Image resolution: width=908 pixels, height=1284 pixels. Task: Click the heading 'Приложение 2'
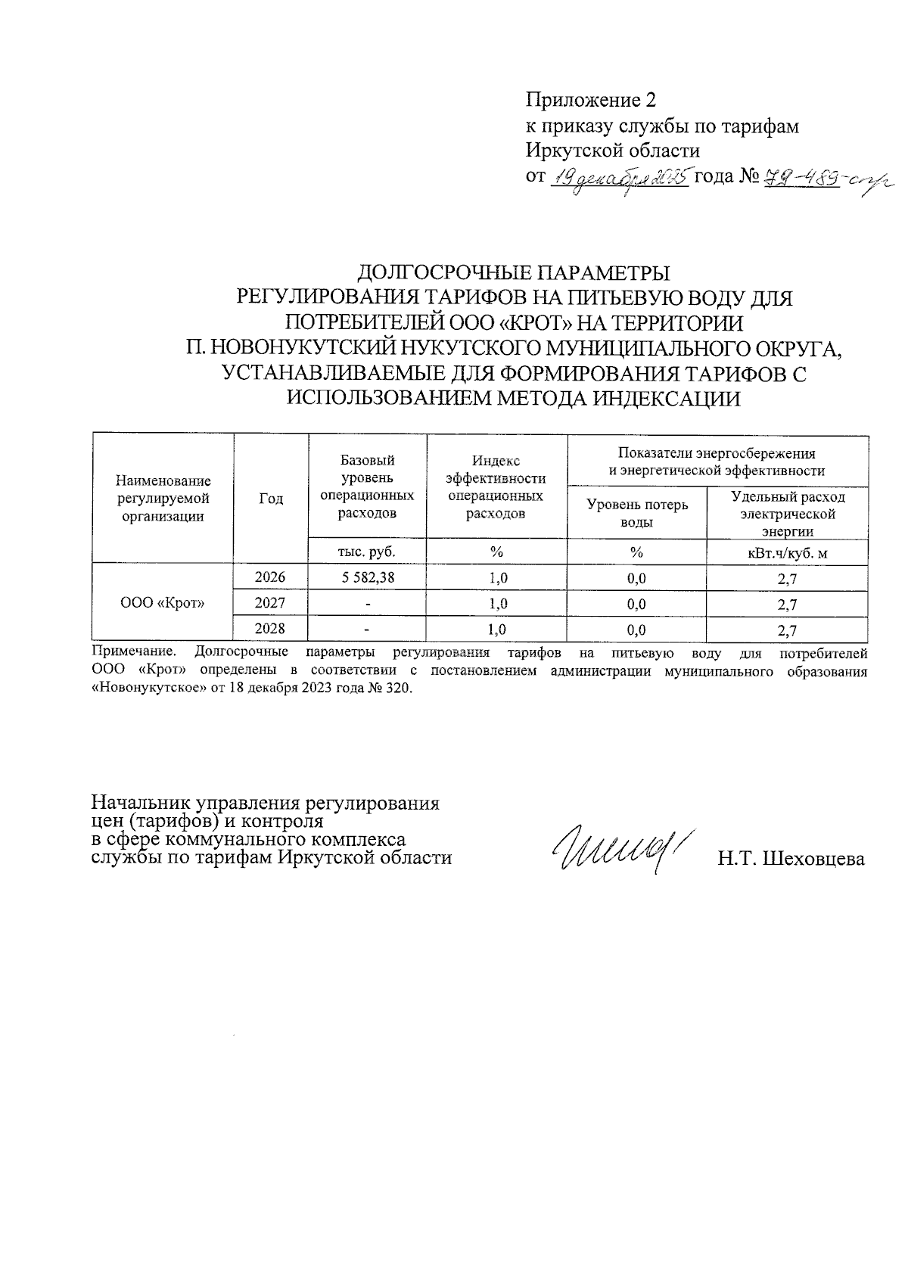click(590, 101)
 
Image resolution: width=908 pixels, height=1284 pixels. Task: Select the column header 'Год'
click(271, 499)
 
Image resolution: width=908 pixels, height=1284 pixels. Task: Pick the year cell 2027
click(270, 604)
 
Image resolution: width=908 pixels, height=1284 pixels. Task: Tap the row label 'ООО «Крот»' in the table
click(163, 604)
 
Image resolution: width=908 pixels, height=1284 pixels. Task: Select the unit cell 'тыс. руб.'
click(367, 552)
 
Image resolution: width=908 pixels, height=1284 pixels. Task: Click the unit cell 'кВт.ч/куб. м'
click(787, 553)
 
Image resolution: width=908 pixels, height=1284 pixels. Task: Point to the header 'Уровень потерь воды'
click(637, 513)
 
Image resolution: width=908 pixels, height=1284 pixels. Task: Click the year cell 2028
click(270, 629)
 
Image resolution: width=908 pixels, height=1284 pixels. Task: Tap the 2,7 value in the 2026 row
click(787, 580)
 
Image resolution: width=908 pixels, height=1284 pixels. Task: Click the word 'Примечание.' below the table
click(134, 651)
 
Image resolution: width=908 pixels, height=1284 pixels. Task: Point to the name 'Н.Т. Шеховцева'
click(791, 859)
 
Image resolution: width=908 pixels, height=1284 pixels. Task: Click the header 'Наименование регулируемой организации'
click(163, 499)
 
